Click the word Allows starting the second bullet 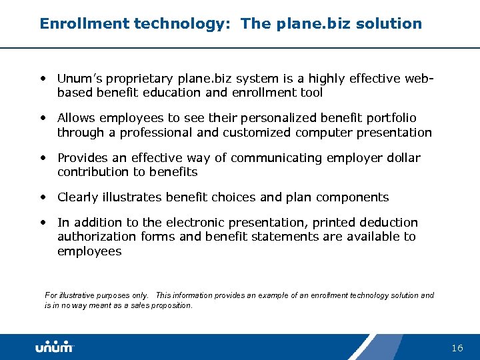click(76, 118)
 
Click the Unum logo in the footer click(55, 347)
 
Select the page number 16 click(457, 348)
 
